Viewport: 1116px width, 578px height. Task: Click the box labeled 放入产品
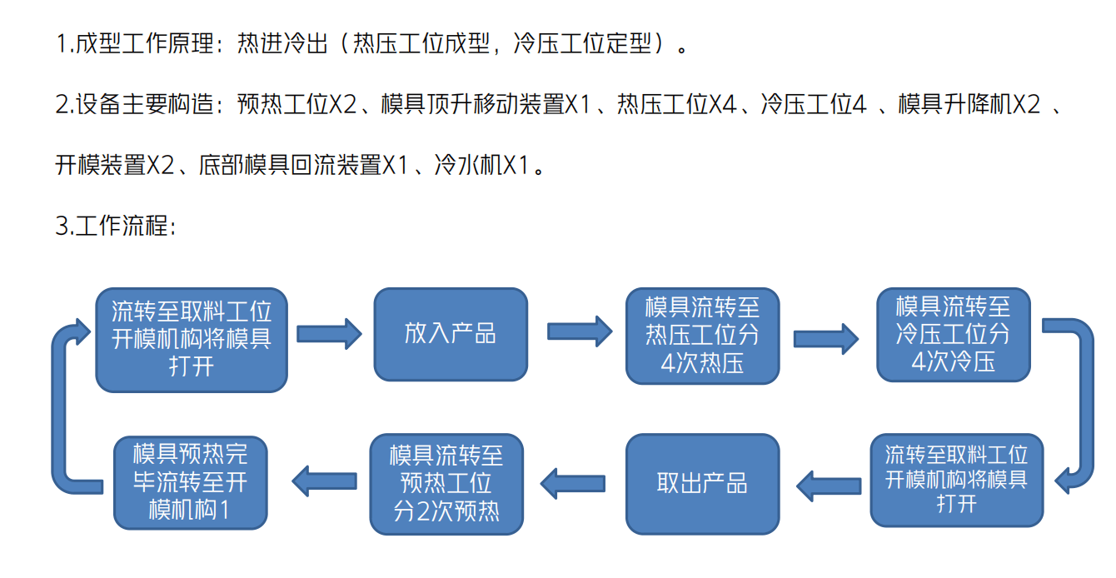450,334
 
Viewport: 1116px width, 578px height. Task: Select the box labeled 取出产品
702,483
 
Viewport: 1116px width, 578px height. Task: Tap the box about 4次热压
702,336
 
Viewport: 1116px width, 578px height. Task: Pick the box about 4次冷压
953,334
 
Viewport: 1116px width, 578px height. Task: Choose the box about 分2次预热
446,483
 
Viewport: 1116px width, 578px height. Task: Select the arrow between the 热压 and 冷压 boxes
825,337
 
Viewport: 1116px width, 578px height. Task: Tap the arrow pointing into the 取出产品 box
828,484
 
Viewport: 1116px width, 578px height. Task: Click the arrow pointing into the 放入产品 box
329,333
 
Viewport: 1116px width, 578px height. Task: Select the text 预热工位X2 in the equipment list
296,104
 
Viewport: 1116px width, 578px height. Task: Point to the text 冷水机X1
481,165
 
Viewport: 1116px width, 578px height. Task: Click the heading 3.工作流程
115,226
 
